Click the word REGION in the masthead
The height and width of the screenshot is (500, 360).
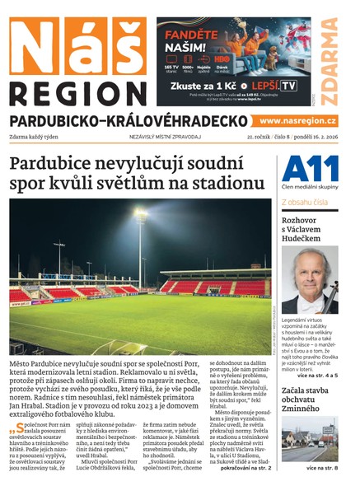point(77,91)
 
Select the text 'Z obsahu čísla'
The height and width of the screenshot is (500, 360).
point(305,200)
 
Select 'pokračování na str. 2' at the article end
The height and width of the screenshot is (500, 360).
point(241,467)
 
